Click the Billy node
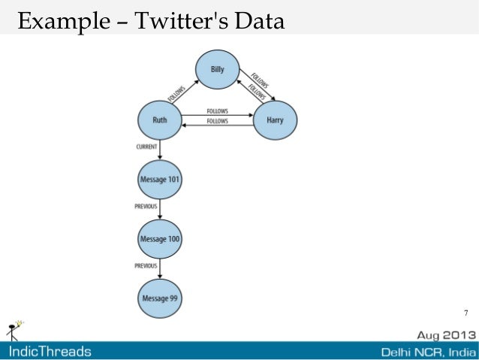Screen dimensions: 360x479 pos(217,70)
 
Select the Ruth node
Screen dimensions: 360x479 pos(159,119)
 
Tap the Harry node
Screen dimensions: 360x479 pos(275,119)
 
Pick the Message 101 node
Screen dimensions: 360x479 pos(160,180)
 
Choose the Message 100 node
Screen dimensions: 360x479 pos(160,239)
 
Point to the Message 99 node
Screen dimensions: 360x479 pos(160,298)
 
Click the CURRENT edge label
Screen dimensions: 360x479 pos(146,147)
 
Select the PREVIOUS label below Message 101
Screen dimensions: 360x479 pos(146,206)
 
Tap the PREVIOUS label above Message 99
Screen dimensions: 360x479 pos(146,265)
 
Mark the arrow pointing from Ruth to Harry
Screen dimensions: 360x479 pos(218,115)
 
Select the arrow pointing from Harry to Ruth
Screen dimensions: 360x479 pos(218,125)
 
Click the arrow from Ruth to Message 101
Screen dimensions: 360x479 pos(160,150)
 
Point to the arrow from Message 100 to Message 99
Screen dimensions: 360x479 pos(160,268)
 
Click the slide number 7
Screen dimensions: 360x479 pos(465,313)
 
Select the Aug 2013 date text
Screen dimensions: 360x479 pos(446,334)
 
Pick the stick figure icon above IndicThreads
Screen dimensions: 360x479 pos(14,329)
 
